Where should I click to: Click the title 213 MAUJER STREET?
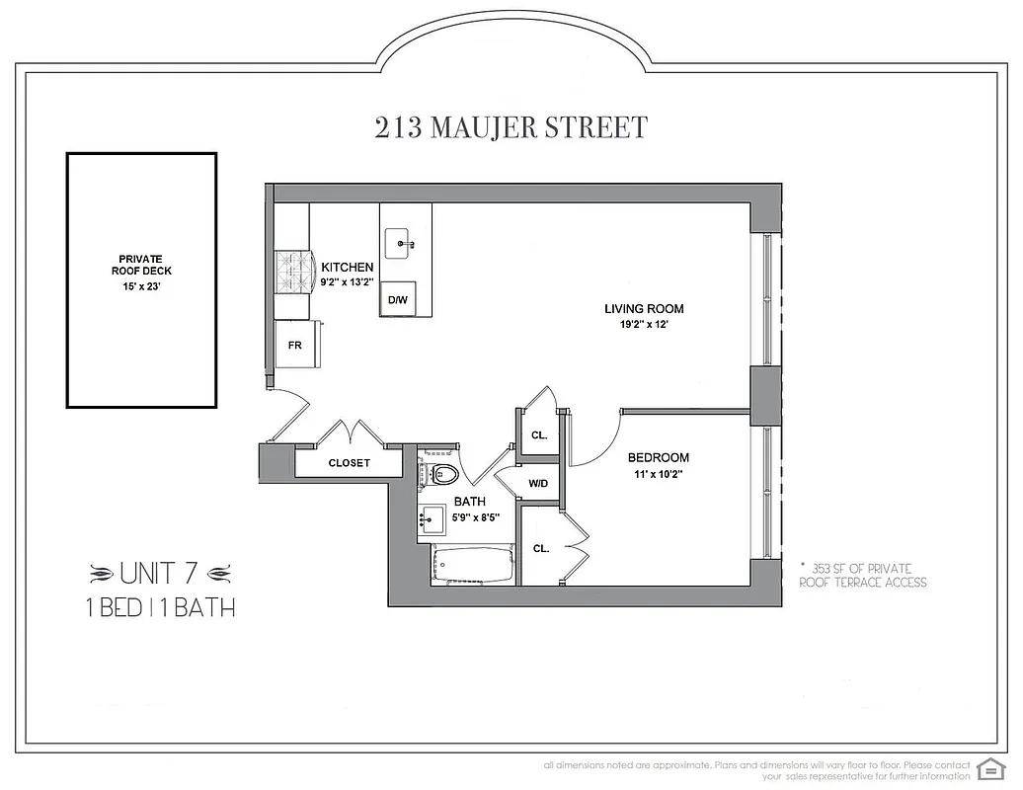511,128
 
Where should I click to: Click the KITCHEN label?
348,267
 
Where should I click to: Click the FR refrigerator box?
294,346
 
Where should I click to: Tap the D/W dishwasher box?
398,299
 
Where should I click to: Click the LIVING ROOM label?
644,309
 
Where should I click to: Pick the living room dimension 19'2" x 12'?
644,325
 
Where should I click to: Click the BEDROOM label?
659,457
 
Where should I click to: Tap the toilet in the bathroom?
442,474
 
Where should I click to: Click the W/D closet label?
538,484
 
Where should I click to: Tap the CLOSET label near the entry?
349,462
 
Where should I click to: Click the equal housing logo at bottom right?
987,768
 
